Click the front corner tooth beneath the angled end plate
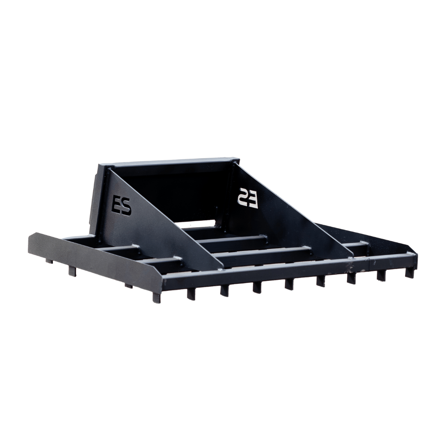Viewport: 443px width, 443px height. point(156,297)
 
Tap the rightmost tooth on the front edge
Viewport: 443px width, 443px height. point(409,273)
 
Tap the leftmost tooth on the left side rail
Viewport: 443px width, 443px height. point(49,261)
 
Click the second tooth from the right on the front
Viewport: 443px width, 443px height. point(381,276)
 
